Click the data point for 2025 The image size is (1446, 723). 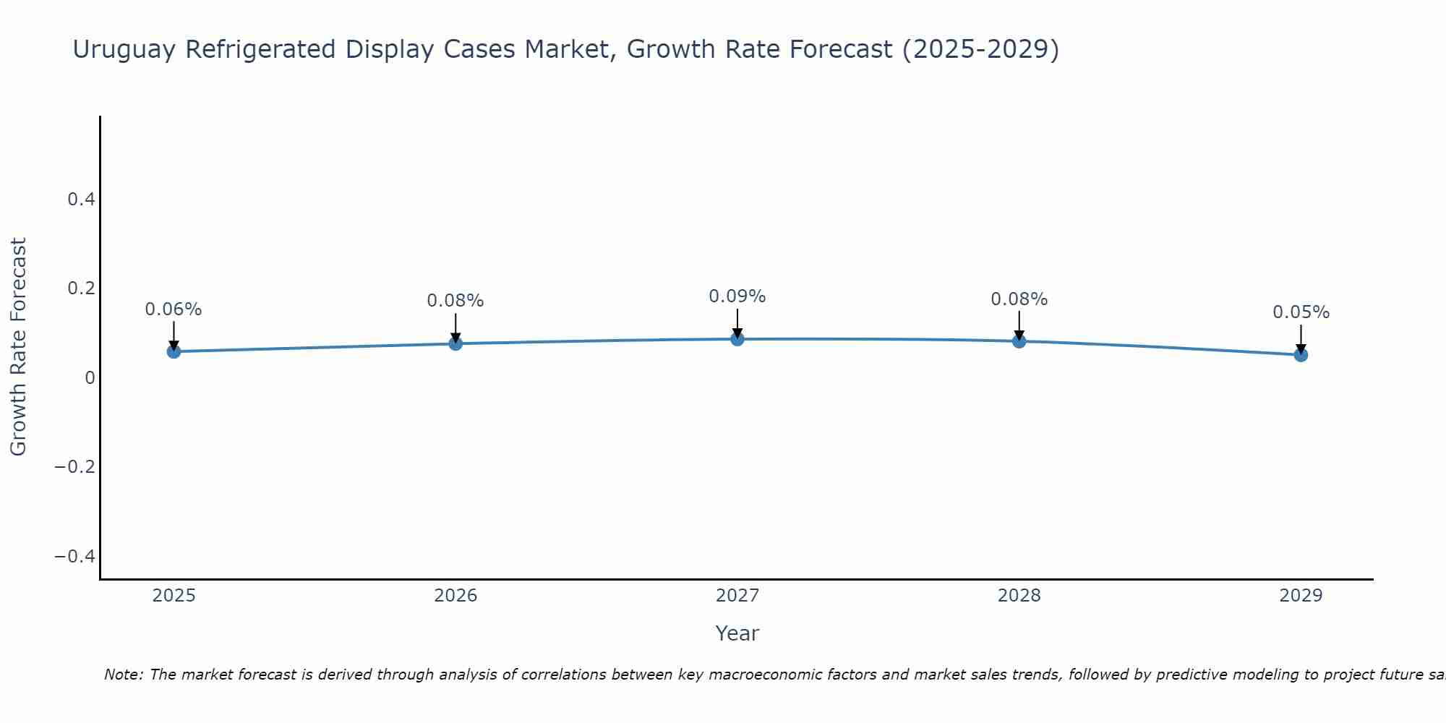(174, 351)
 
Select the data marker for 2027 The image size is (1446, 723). (737, 339)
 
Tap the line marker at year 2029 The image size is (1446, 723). (1301, 355)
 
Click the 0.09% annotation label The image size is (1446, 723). (737, 296)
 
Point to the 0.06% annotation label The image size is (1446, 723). (174, 309)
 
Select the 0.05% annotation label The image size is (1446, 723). (1301, 312)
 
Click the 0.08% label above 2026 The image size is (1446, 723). (455, 301)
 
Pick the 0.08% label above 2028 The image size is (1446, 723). (1019, 299)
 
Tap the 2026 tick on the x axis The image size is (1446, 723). (455, 596)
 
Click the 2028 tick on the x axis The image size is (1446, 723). (1019, 596)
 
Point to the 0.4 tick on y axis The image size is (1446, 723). (81, 199)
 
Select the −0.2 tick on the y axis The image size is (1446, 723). (74, 466)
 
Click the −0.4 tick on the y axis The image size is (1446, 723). (74, 556)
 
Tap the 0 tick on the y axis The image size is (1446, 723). (90, 377)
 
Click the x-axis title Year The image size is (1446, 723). (737, 633)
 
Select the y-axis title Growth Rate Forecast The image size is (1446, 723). (18, 347)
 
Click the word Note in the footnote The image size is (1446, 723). (123, 675)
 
